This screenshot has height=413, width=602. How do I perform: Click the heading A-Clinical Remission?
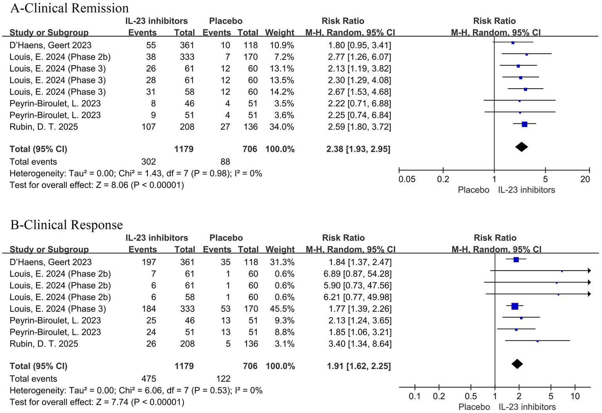tap(69, 8)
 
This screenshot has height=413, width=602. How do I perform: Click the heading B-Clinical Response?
tap(66, 225)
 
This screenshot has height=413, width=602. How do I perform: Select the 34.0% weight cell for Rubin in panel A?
tap(282, 127)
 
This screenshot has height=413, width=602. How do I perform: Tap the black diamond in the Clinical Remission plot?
tap(521, 147)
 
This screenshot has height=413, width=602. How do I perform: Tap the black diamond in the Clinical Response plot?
tap(517, 364)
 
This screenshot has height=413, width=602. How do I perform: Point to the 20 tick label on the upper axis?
tap(585, 179)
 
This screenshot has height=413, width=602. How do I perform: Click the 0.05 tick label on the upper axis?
tap(407, 179)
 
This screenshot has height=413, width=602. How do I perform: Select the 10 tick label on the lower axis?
tap(575, 396)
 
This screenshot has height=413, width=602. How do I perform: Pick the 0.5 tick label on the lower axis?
tap(471, 396)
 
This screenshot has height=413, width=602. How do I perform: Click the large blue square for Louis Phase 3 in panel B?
tap(515, 306)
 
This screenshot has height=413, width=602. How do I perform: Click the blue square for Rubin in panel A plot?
tap(524, 124)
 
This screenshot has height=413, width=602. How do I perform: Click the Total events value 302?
tap(149, 162)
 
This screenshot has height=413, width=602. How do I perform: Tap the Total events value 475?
tap(149, 378)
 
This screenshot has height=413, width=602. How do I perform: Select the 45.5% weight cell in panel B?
tap(282, 309)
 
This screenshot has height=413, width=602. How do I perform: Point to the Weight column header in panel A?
tap(279, 33)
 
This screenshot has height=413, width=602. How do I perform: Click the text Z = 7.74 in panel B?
tap(112, 402)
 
